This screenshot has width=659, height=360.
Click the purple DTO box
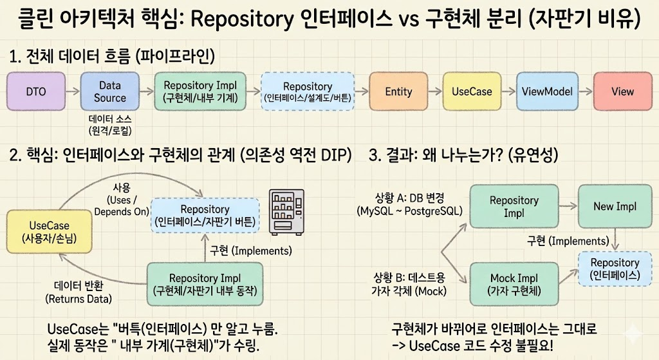click(36, 91)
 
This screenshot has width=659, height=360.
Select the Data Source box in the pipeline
click(109, 91)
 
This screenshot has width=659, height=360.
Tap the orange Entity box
click(398, 91)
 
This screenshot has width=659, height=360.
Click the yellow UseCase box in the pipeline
click(472, 91)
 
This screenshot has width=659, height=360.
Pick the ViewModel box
click(547, 91)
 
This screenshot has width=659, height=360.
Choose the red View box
click(622, 91)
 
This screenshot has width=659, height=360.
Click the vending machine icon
click(286, 212)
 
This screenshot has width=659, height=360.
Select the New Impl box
click(615, 206)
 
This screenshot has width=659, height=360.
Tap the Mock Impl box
click(514, 284)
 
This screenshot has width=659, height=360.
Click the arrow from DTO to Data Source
click(73, 91)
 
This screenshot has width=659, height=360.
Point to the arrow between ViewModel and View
click(586, 91)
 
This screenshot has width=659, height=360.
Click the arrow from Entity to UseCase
click(435, 91)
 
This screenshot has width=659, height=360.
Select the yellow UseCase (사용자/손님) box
click(49, 232)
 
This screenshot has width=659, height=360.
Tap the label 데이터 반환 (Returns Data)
click(79, 292)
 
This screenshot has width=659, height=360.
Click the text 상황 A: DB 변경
click(409, 198)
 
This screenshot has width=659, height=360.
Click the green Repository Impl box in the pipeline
click(200, 91)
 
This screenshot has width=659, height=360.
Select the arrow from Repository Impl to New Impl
click(569, 205)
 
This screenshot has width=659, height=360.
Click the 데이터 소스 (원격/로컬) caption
click(109, 125)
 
